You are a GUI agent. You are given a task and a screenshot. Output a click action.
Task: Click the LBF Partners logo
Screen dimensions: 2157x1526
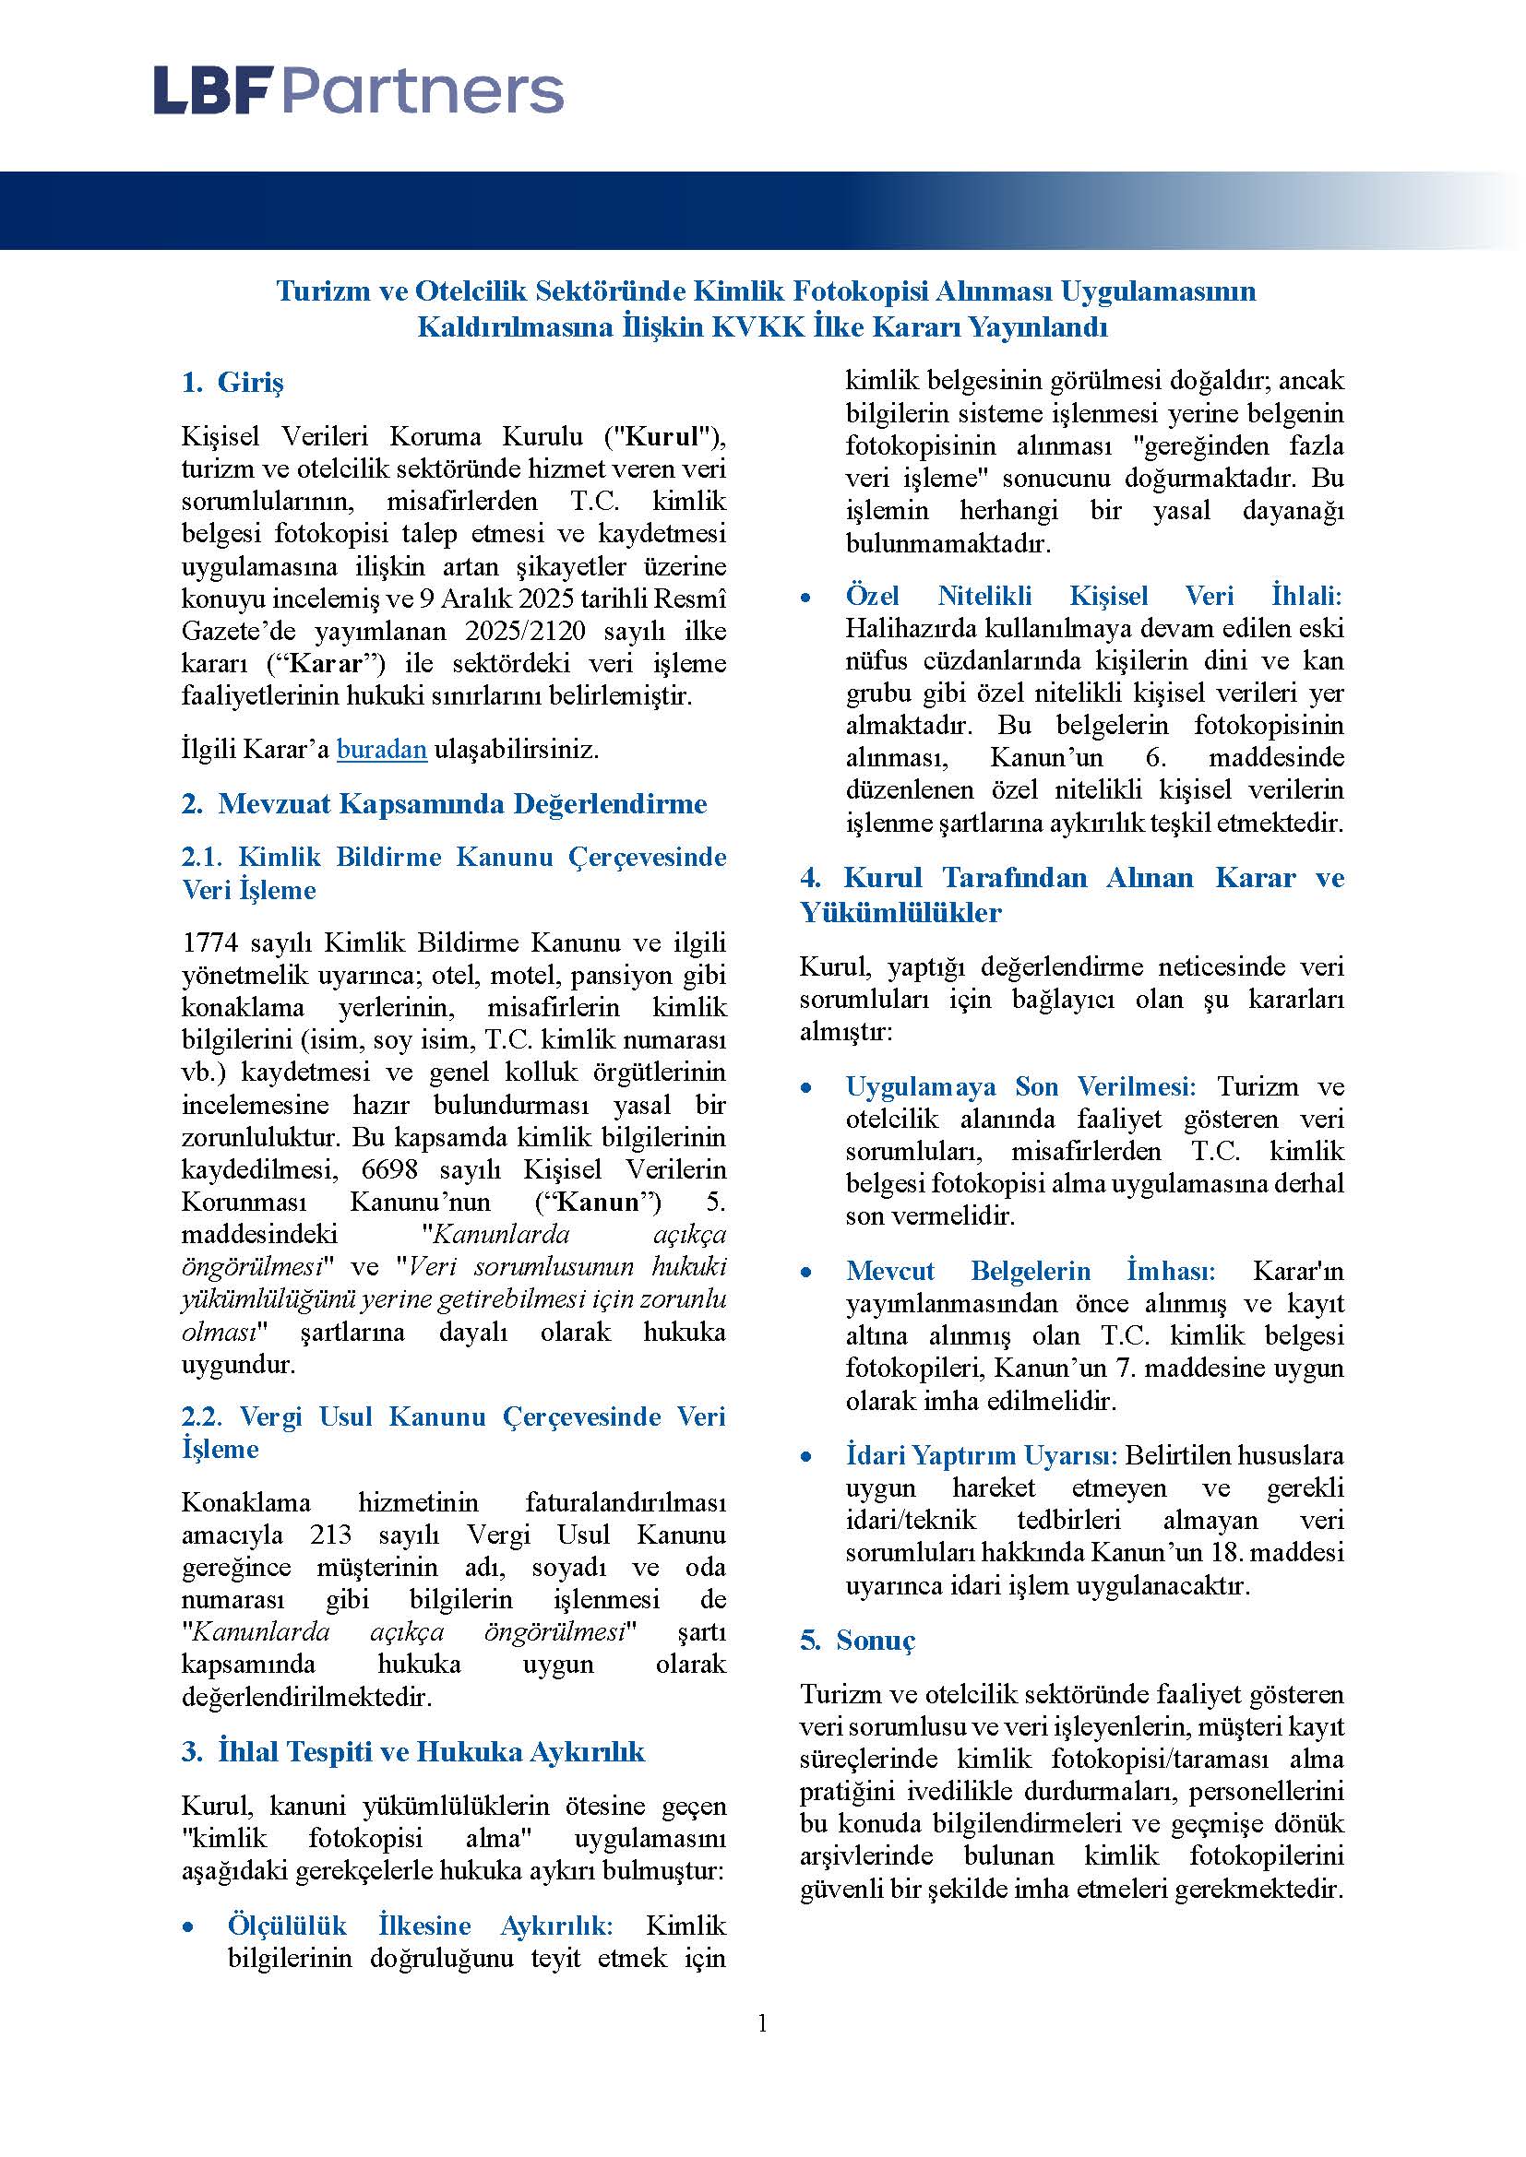tap(358, 91)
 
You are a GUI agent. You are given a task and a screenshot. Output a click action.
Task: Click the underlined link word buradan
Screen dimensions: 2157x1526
tap(382, 750)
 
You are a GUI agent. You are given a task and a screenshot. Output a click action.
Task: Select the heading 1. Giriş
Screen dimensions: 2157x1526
tap(232, 383)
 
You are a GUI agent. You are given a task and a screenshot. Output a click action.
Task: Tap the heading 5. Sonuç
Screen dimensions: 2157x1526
tap(857, 1640)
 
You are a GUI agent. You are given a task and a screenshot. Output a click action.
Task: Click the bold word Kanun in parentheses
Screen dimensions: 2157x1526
tap(611, 1202)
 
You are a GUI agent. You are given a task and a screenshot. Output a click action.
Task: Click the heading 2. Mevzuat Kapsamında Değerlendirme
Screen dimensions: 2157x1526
tap(445, 804)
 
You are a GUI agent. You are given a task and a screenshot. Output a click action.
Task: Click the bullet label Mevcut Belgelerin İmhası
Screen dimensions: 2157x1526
tap(1030, 1271)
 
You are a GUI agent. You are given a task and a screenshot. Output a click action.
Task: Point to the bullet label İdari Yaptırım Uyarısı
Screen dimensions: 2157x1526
tap(982, 1455)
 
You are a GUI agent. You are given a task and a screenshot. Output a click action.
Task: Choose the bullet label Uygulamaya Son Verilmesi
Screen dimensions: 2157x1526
tap(1019, 1087)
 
